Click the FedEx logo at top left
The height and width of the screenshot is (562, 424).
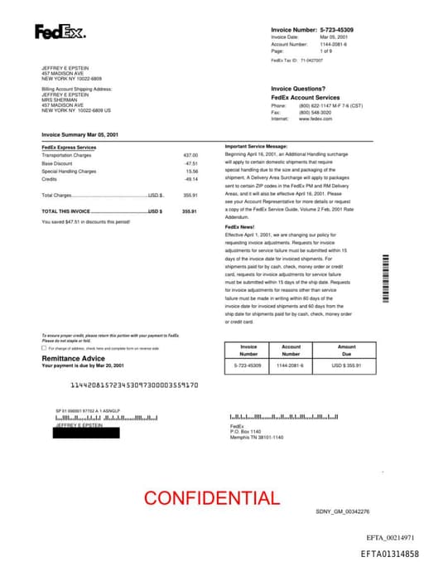click(60, 32)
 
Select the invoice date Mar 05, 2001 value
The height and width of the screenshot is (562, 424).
click(314, 36)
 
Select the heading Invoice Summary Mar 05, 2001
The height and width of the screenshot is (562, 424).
click(81, 133)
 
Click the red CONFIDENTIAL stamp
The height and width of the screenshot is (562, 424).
click(212, 498)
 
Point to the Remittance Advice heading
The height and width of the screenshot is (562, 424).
click(73, 358)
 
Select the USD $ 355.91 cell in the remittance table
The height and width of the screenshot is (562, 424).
click(346, 365)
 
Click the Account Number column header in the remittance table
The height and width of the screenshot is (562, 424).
click(291, 351)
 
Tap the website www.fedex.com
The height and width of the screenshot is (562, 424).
click(316, 119)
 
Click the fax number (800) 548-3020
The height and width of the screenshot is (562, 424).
click(316, 112)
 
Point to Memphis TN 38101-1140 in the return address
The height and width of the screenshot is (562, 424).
click(257, 437)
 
